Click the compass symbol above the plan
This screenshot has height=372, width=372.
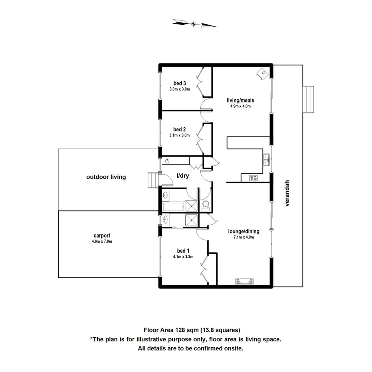[x=194, y=24]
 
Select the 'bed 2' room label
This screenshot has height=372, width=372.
[x=180, y=129]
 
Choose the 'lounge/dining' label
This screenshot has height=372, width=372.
[x=243, y=231]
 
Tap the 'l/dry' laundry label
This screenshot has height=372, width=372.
[x=183, y=176]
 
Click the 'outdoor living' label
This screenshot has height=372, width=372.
[x=106, y=177]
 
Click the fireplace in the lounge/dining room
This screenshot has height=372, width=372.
[x=243, y=281]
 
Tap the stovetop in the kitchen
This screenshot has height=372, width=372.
[x=253, y=178]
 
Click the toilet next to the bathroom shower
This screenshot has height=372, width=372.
[x=206, y=206]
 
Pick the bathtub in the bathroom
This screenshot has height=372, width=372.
[x=173, y=207]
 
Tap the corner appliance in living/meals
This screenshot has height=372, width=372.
[x=262, y=73]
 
